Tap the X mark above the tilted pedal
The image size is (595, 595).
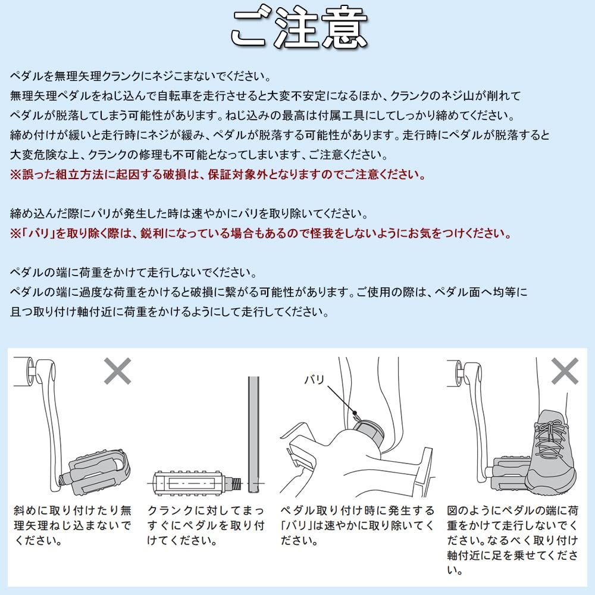(x=118, y=372)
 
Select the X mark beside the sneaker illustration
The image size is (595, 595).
(x=564, y=372)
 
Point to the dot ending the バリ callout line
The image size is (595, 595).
(x=355, y=412)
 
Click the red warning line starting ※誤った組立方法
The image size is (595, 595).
(x=218, y=176)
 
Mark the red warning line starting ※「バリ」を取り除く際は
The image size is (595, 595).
(x=261, y=234)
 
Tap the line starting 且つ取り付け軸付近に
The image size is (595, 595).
(x=169, y=311)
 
